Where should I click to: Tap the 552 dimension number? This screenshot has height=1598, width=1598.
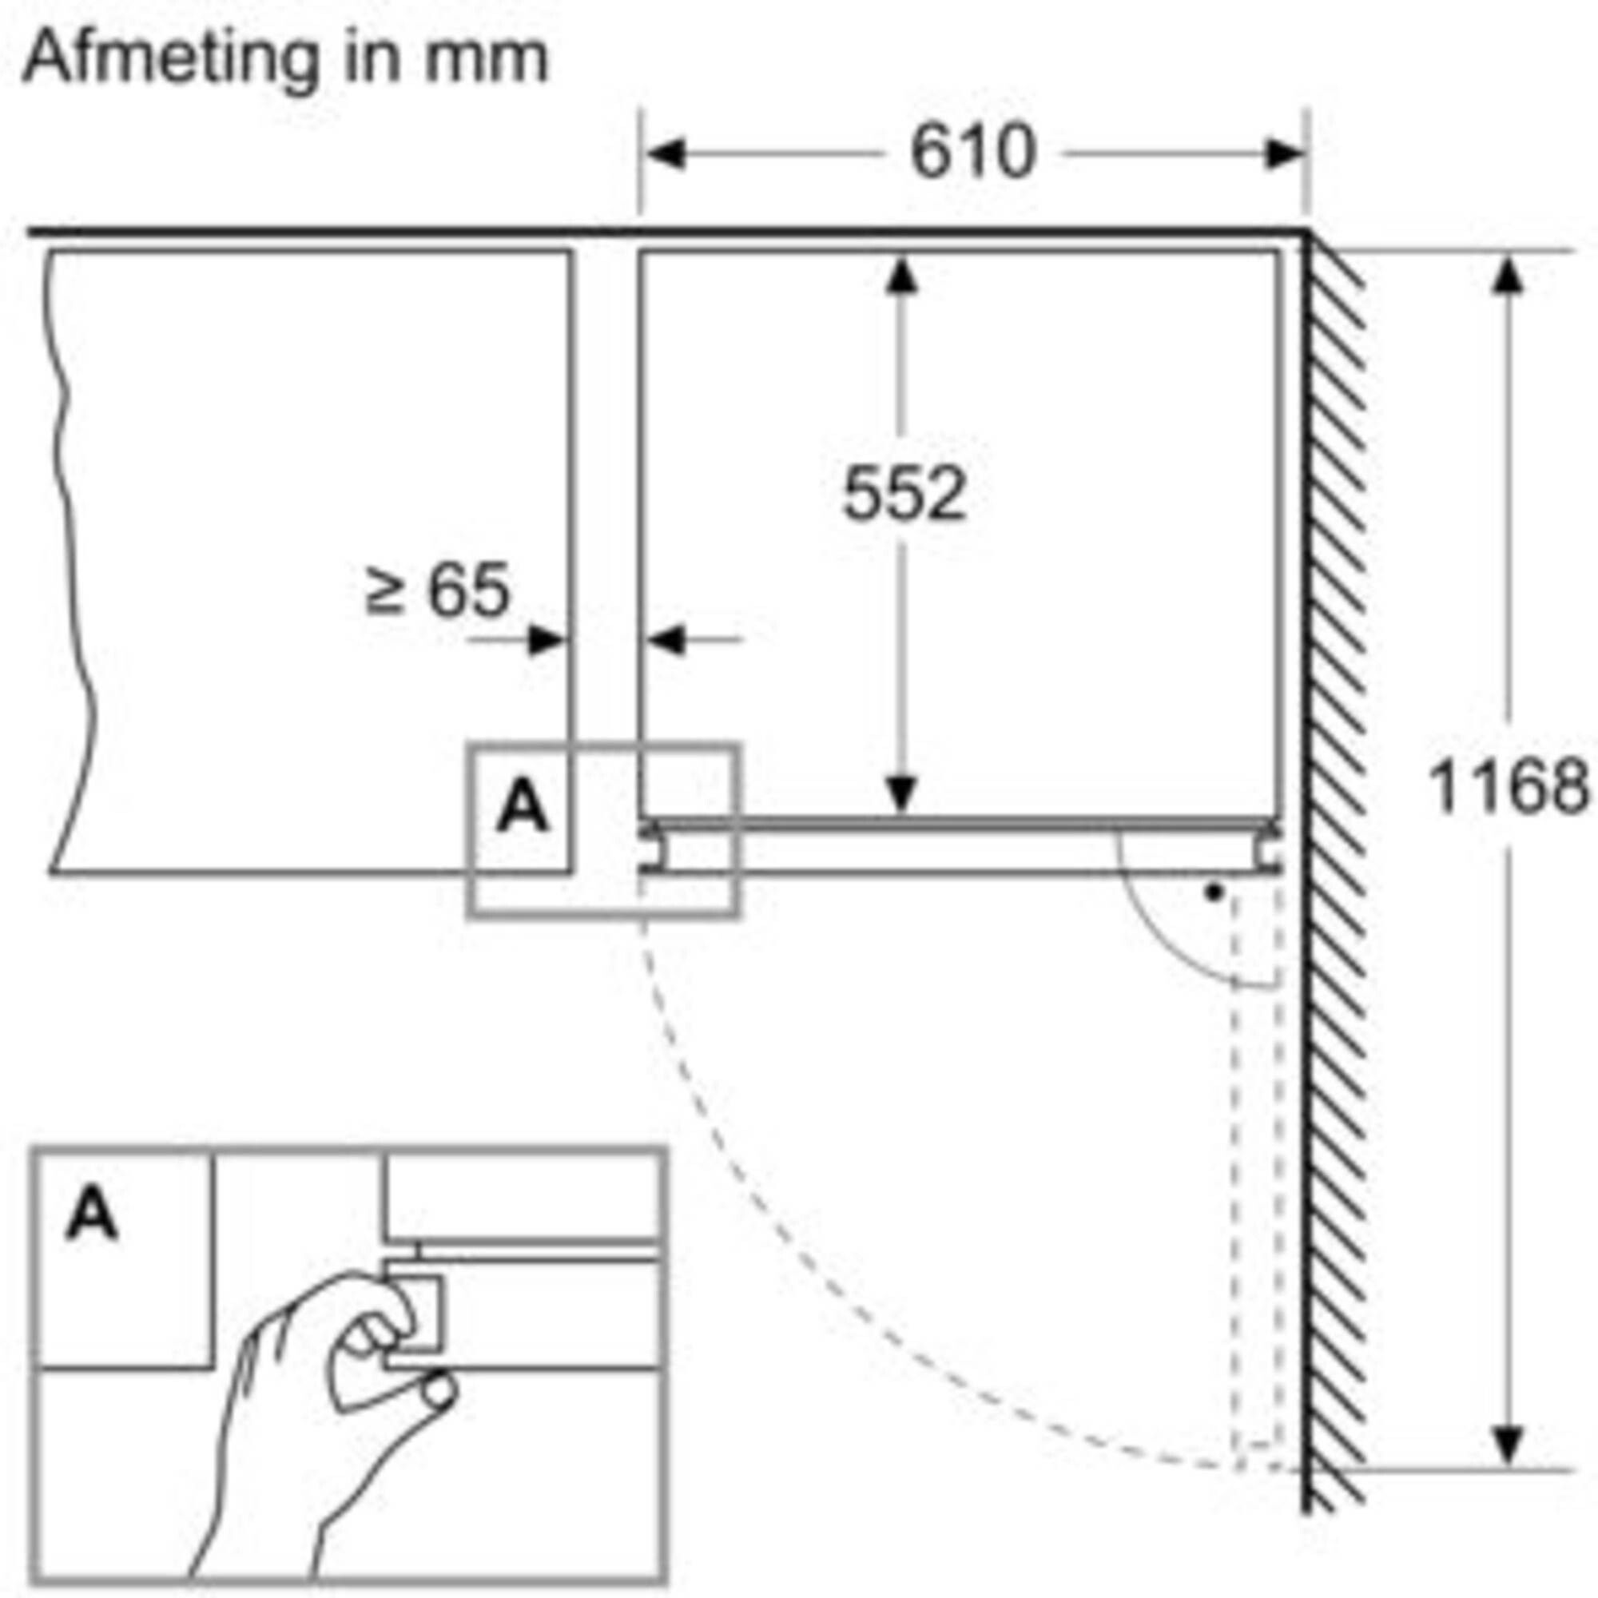point(903,495)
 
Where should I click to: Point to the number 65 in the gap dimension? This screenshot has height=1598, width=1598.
point(468,590)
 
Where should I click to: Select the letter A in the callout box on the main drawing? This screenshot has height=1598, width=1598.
point(522,807)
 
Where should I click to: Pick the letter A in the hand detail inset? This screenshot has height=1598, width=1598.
point(92,1213)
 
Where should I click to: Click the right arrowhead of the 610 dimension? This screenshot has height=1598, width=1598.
point(1285,154)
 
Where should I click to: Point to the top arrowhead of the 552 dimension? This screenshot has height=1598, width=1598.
point(901,274)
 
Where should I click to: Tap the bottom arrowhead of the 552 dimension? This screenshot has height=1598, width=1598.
point(901,795)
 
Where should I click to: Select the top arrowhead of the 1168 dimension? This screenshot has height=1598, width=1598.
point(1509,274)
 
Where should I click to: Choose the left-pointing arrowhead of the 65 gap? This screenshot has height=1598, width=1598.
point(665,639)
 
